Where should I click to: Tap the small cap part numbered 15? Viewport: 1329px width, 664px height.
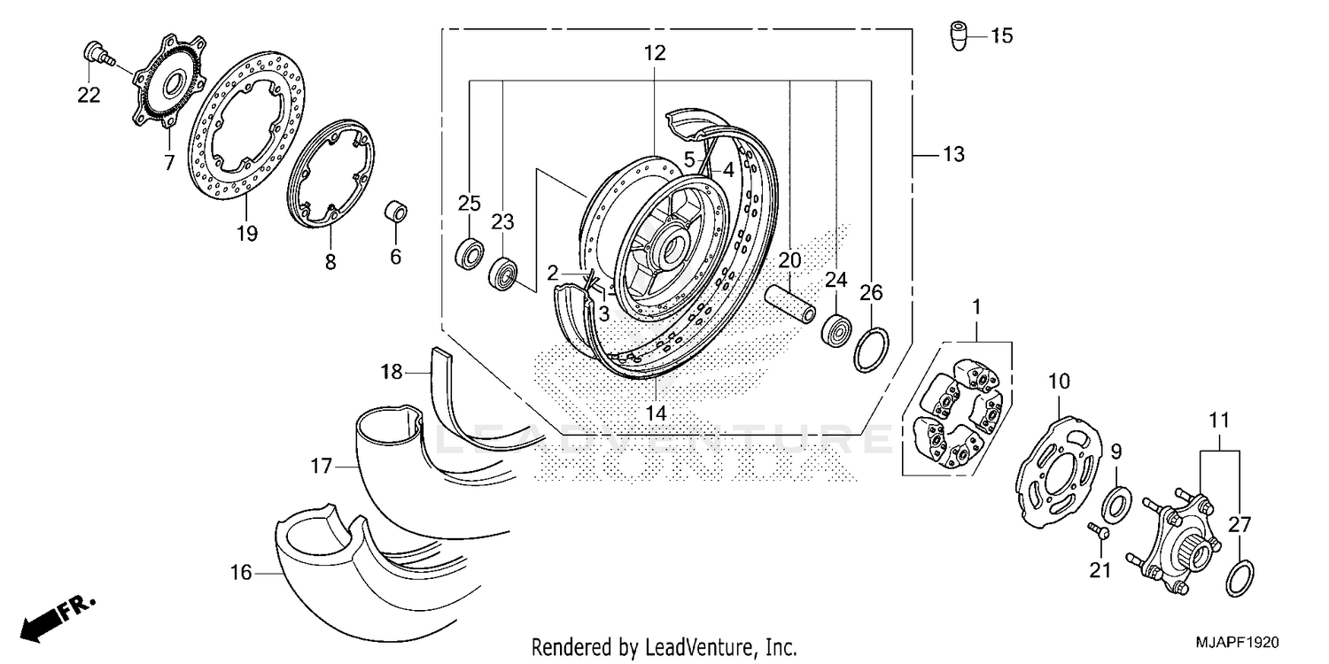point(957,36)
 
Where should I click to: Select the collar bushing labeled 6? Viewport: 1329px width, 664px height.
point(396,213)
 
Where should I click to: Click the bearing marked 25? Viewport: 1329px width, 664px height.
point(470,252)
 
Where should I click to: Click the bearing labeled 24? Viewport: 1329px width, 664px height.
point(835,331)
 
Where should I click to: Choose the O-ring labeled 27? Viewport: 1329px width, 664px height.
point(1239,577)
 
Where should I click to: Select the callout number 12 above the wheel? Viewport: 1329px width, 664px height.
point(654,53)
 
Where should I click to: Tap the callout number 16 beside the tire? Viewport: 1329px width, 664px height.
point(241,574)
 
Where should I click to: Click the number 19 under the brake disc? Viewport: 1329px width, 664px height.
point(246,234)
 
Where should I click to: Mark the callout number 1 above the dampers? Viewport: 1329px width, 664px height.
point(976,308)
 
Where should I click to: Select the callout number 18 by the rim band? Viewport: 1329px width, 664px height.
point(392,372)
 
